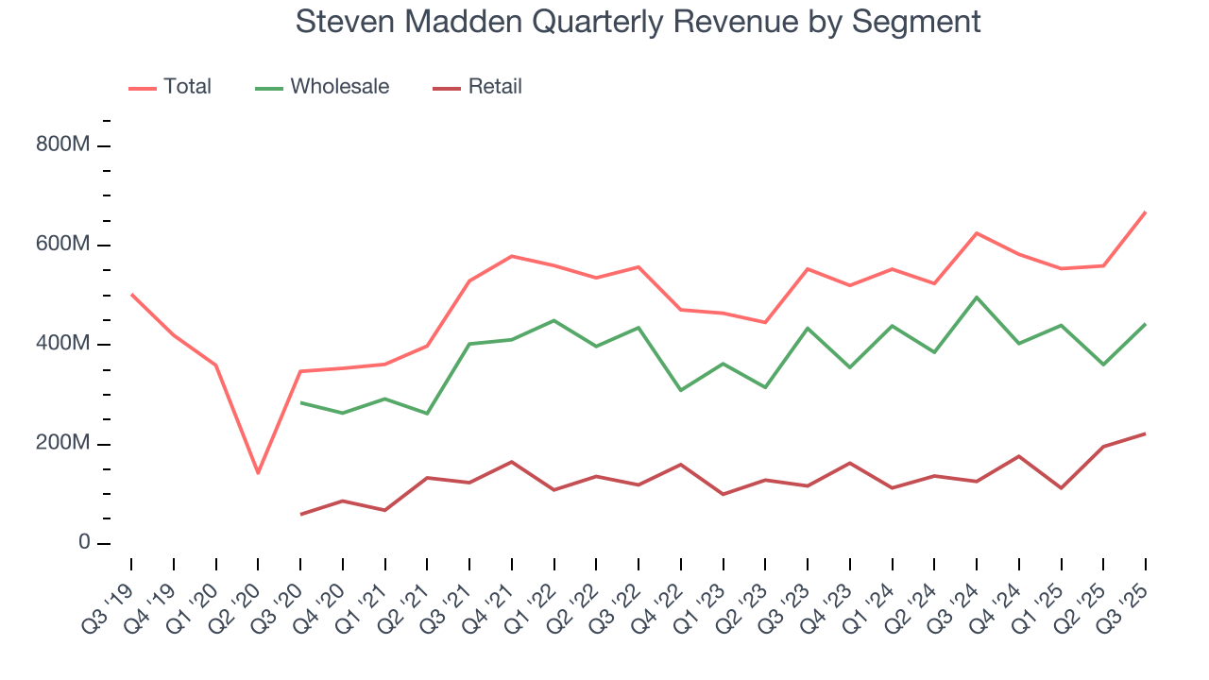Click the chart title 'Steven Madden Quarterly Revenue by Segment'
pyautogui.click(x=638, y=21)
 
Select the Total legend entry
pyautogui.click(x=170, y=87)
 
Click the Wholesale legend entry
pyautogui.click(x=322, y=87)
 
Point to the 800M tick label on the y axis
pyautogui.click(x=64, y=145)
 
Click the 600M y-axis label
pyautogui.click(x=64, y=245)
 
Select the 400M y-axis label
pyautogui.click(x=64, y=344)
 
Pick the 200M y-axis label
pyautogui.click(x=64, y=444)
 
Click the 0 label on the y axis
pyautogui.click(x=84, y=543)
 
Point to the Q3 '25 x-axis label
pyautogui.click(x=1130, y=595)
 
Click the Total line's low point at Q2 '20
pyautogui.click(x=258, y=473)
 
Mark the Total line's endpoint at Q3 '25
pyautogui.click(x=1146, y=212)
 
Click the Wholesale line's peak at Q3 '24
pyautogui.click(x=977, y=297)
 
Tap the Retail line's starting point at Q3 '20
pyautogui.click(x=300, y=515)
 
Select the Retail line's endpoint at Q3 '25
pyautogui.click(x=1146, y=433)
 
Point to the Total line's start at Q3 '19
pyautogui.click(x=131, y=294)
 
